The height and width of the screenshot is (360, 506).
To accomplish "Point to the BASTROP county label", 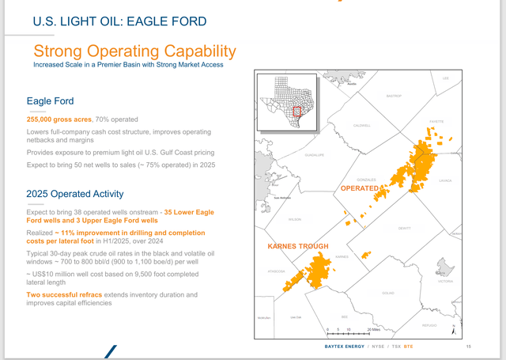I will (x=394, y=96).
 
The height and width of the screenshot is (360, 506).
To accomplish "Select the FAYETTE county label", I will (x=436, y=122).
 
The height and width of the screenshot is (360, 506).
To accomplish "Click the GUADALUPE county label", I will (x=314, y=155).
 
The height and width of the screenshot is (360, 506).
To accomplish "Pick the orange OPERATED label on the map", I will (x=361, y=188).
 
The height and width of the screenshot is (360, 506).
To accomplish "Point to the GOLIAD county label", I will (x=387, y=293).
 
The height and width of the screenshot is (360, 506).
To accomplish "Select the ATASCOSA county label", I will (x=275, y=271).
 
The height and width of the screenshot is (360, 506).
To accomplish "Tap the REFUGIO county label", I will (x=429, y=325).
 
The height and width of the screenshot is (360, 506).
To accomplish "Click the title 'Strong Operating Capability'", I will (x=134, y=51).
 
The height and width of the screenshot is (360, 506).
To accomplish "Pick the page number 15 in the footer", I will (x=469, y=347).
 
